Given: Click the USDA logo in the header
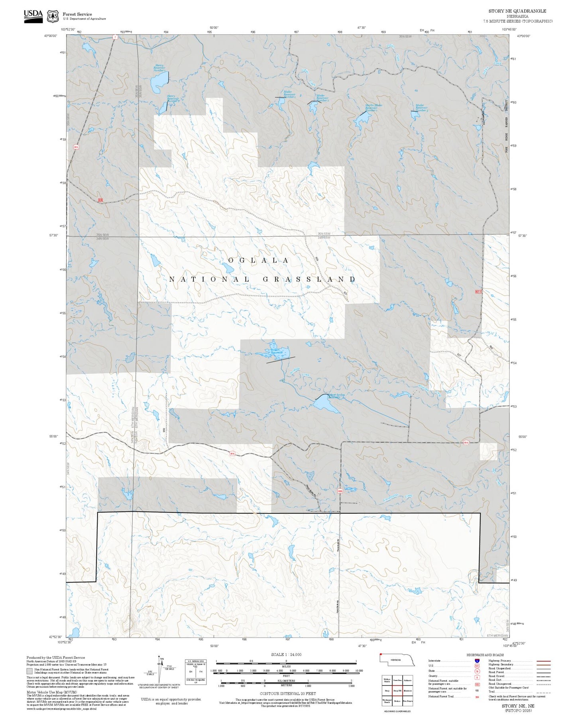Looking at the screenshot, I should click(x=33, y=16).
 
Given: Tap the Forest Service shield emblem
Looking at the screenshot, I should click(x=53, y=16).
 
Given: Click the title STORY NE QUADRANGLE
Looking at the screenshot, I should click(x=517, y=11).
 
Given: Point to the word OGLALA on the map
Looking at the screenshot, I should click(x=258, y=260).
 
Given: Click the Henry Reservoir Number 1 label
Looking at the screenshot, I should click(x=159, y=68).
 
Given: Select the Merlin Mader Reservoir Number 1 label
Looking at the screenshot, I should click(x=374, y=108).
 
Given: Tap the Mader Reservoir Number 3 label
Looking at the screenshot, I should click(x=422, y=108).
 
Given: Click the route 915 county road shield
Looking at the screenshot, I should click(x=76, y=147).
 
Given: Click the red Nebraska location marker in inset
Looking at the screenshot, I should click(x=381, y=654).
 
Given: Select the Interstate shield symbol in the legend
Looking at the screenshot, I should click(x=477, y=660).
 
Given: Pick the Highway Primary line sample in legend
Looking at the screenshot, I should click(x=544, y=661).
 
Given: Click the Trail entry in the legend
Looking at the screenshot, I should click(x=491, y=691).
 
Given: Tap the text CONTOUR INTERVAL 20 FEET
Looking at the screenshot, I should click(x=287, y=693).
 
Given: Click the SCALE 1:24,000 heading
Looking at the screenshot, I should click(x=286, y=654).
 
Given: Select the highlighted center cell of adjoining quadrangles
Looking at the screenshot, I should click(x=397, y=690).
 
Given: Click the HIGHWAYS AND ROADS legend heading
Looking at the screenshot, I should click(x=485, y=655).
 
